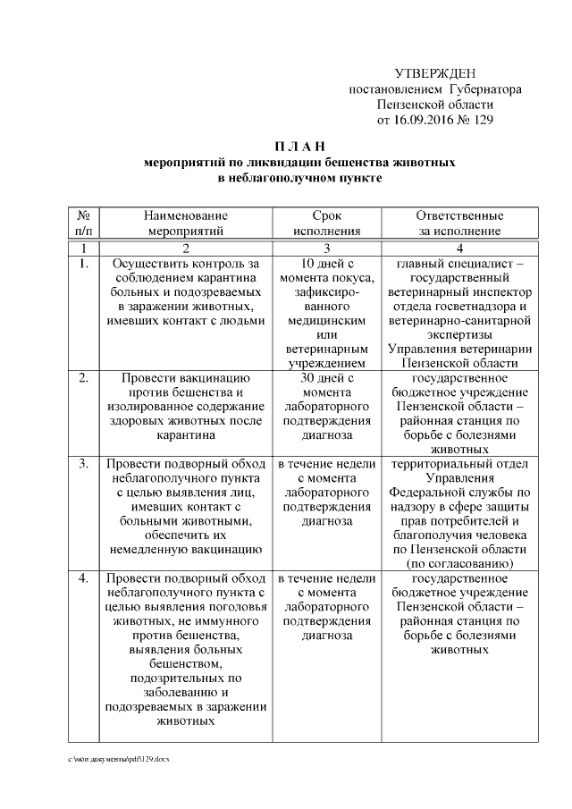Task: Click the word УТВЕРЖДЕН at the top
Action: click(x=435, y=73)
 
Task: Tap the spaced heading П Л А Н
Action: click(x=300, y=146)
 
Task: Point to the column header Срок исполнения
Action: click(x=326, y=223)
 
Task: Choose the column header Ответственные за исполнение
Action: click(x=459, y=223)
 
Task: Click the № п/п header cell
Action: click(x=82, y=223)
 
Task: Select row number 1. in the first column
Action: click(x=82, y=264)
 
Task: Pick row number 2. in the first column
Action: click(x=82, y=378)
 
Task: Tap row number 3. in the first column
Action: click(x=82, y=464)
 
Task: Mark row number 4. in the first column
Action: click(x=82, y=578)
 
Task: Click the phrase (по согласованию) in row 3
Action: click(x=459, y=564)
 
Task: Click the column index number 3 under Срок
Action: click(x=326, y=248)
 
